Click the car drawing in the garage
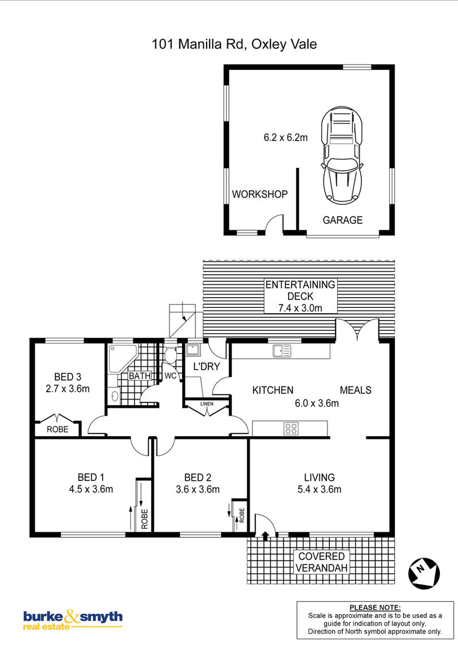[342, 155]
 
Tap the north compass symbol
[424, 573]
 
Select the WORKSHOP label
[259, 194]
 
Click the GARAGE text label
[343, 220]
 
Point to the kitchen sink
[282, 351]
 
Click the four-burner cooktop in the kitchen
[291, 429]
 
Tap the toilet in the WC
[170, 354]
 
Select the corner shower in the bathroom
[123, 358]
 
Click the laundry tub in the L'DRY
[192, 350]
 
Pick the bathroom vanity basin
[114, 397]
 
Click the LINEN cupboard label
[207, 404]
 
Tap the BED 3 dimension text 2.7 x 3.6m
[68, 389]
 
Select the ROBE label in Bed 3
[57, 429]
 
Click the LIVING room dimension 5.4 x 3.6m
[319, 489]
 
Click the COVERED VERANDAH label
[322, 562]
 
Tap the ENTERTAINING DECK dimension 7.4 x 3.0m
[300, 308]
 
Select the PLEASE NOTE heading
[375, 607]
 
